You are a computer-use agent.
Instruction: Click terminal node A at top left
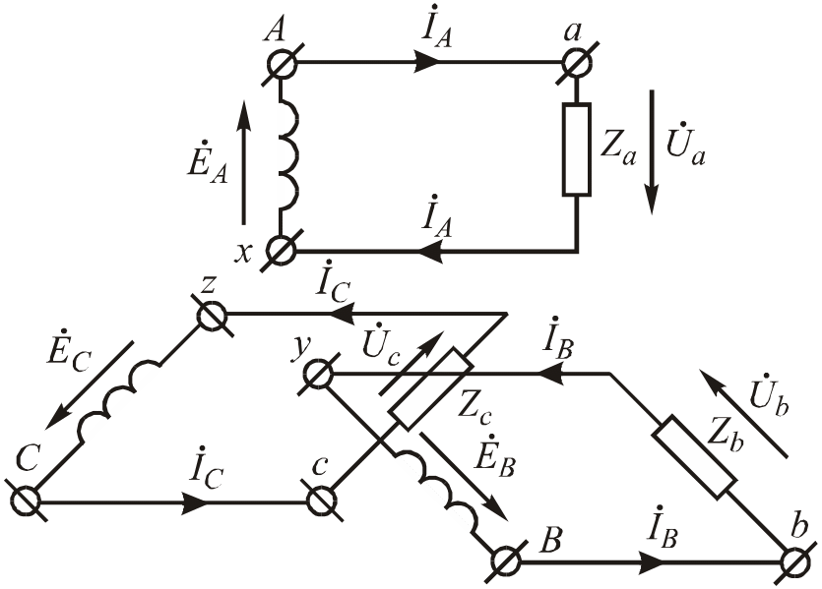284,64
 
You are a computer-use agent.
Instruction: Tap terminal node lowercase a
576,64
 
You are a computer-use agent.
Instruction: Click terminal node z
213,316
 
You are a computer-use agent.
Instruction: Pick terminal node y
317,375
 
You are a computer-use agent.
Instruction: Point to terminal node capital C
27,501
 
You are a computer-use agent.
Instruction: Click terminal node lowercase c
319,501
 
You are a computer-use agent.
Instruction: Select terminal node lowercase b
795,562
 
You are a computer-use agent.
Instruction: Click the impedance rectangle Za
576,148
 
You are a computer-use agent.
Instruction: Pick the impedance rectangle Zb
695,456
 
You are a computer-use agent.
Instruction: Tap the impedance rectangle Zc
429,387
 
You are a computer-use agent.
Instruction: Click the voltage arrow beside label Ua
651,152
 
